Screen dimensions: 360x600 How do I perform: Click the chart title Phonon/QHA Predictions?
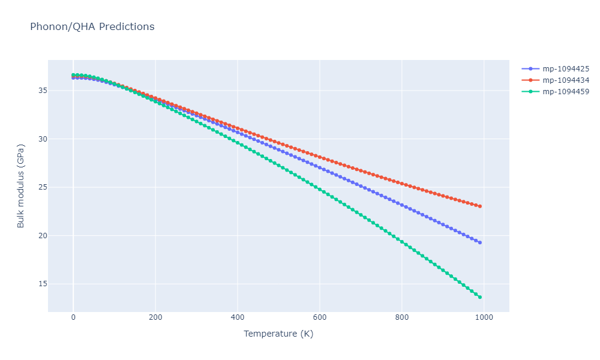point(92,27)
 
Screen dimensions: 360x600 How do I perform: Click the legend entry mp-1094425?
point(565,68)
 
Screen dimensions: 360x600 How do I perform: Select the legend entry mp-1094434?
point(565,80)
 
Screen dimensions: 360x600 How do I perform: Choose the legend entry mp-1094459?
point(565,92)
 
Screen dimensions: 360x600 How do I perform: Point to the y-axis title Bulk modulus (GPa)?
point(21,186)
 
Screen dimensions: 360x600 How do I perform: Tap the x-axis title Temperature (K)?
point(278,334)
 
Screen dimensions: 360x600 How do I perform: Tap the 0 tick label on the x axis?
point(73,317)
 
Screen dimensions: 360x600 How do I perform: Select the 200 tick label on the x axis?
point(155,317)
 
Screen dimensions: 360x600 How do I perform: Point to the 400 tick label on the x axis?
point(238,317)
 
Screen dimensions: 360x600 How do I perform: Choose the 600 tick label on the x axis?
point(320,317)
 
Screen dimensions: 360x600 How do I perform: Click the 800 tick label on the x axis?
point(402,317)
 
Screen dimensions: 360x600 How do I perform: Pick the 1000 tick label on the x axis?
point(484,317)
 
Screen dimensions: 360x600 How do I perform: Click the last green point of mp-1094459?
point(480,297)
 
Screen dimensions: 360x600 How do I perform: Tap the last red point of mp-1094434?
point(480,206)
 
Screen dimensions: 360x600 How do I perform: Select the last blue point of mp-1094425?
point(480,242)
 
